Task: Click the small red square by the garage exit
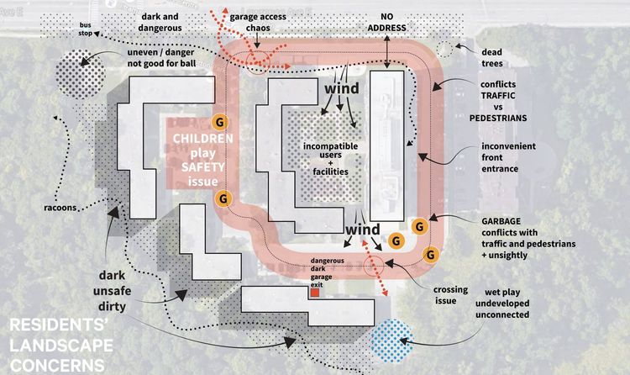click(x=315, y=294)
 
